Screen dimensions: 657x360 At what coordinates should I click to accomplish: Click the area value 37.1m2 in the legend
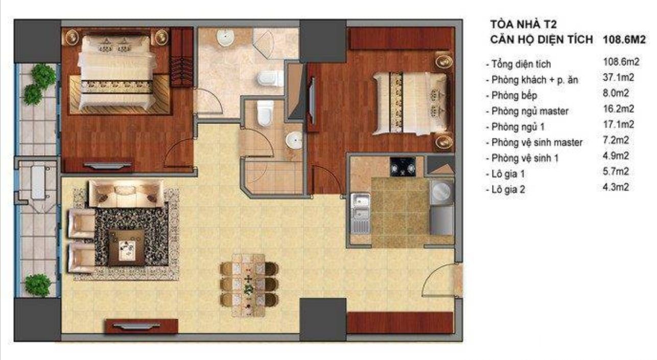[618, 78]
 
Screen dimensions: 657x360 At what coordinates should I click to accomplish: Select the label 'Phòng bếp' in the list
[514, 95]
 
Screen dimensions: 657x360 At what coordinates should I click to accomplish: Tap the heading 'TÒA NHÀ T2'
[524, 25]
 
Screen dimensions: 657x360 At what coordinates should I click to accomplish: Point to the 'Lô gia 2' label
[508, 189]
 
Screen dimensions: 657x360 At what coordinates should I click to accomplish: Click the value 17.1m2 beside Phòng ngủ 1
[618, 124]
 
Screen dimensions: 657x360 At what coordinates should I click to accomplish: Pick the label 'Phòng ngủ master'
[530, 111]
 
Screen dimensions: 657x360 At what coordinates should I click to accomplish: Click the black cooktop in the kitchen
[403, 167]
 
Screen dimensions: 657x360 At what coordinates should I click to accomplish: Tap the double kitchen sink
[360, 213]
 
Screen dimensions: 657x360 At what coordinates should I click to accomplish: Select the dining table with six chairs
[249, 285]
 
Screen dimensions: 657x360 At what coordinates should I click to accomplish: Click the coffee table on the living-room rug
[127, 248]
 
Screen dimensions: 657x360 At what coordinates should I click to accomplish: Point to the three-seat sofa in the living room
[126, 194]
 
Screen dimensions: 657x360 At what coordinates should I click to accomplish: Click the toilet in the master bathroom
[267, 78]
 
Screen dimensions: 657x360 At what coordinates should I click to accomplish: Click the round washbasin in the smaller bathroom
[294, 141]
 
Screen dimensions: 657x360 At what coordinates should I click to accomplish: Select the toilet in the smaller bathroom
[265, 113]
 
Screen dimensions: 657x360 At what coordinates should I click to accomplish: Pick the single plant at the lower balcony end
[37, 285]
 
